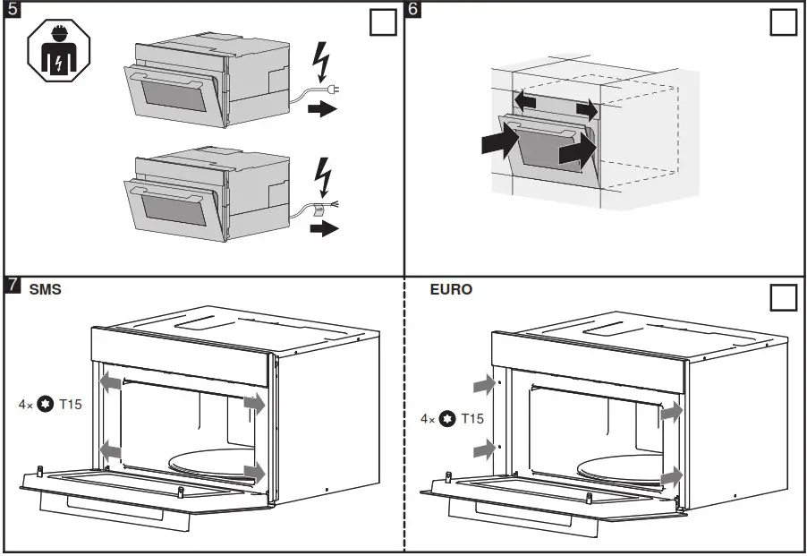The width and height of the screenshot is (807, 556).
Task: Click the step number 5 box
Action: [13, 11]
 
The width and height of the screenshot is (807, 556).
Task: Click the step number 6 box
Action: [413, 11]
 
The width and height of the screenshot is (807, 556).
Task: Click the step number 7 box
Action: [13, 286]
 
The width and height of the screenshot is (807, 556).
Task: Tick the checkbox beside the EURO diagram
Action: [783, 298]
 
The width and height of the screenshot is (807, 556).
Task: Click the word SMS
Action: [46, 290]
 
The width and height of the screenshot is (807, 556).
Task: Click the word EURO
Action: [451, 290]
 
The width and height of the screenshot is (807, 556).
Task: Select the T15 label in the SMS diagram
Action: [71, 405]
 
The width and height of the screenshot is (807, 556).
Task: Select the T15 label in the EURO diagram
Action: [473, 418]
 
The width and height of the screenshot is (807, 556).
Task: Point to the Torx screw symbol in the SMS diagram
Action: [45, 405]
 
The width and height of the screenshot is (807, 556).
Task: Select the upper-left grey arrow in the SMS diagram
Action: [110, 382]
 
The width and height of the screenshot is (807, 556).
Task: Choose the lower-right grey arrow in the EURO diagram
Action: [672, 475]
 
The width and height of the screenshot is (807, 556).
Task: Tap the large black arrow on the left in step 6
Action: [499, 139]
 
